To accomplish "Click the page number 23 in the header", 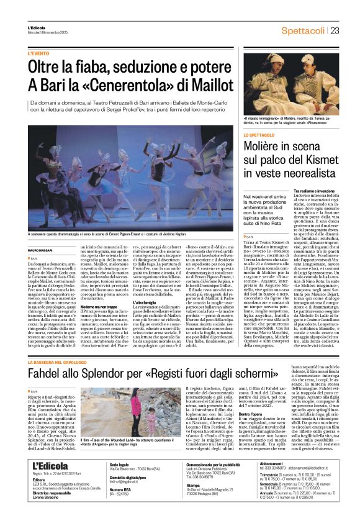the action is [x=334, y=30].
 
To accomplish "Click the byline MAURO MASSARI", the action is [x=40, y=250].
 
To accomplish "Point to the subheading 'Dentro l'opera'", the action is [x=257, y=413].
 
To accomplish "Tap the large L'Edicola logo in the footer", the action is [x=50, y=465].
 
